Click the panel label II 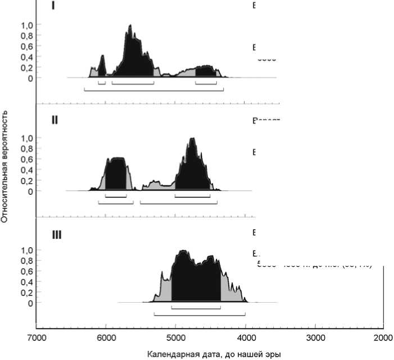pyautogui.click(x=55, y=120)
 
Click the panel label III pyautogui.click(x=56, y=235)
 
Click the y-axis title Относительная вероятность pyautogui.click(x=5, y=166)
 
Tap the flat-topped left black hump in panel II pyautogui.click(x=116, y=171)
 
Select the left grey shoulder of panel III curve pyautogui.click(x=165, y=286)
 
